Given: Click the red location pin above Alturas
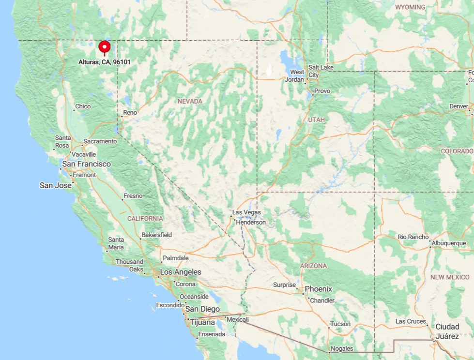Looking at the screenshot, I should click(105, 47).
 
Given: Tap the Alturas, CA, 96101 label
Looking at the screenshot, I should click(105, 62).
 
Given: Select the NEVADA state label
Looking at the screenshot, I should click(190, 101).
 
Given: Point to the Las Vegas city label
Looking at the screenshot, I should click(246, 212).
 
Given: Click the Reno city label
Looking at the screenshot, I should click(130, 113).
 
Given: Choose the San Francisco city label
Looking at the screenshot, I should click(86, 164).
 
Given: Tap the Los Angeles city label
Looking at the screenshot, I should click(181, 272).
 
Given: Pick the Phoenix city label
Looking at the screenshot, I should click(318, 289).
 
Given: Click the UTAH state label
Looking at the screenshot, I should click(317, 120).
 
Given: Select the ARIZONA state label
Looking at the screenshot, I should click(313, 266).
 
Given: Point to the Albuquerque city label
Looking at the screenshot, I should click(449, 243).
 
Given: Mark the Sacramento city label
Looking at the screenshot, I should click(100, 141).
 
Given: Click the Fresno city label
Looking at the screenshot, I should click(133, 196).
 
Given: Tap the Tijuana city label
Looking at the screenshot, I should click(202, 322).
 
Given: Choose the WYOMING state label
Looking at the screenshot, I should click(410, 7).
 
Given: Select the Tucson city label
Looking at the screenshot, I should click(340, 324).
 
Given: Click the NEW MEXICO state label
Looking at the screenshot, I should click(450, 277).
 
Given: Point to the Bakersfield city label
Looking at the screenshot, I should click(156, 235).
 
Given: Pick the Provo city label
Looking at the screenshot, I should click(322, 91).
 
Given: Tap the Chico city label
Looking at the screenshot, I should click(83, 106).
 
